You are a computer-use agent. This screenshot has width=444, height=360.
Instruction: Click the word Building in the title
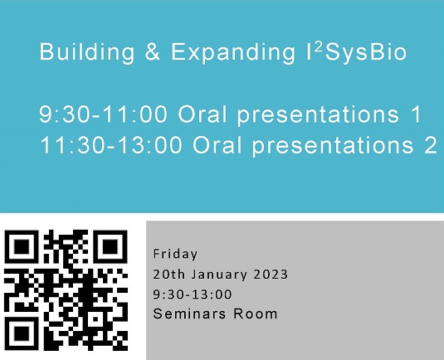87,52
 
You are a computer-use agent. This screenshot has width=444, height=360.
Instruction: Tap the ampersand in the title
153,51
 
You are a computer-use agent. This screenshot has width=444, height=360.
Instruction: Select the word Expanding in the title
233,52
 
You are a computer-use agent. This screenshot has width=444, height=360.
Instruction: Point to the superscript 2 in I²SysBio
319,46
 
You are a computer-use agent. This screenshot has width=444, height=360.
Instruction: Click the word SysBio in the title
366,52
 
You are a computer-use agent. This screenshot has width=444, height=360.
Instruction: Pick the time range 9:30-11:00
103,114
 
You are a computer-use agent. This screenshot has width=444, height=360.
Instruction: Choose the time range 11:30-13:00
111,144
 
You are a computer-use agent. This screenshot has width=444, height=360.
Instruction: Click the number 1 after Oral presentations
416,114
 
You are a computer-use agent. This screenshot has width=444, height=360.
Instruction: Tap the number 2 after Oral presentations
431,144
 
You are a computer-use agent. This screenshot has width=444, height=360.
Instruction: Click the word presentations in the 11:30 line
333,145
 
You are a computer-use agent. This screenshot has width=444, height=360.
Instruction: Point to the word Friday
175,254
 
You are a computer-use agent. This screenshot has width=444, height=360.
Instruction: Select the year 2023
271,275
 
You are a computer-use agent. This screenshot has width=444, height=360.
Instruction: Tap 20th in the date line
169,275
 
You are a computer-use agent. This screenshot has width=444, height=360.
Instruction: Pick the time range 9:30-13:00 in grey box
193,294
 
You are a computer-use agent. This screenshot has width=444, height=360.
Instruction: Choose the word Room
255,314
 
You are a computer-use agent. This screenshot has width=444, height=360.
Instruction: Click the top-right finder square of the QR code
110,247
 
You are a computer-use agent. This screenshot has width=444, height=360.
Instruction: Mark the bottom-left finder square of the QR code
22,333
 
